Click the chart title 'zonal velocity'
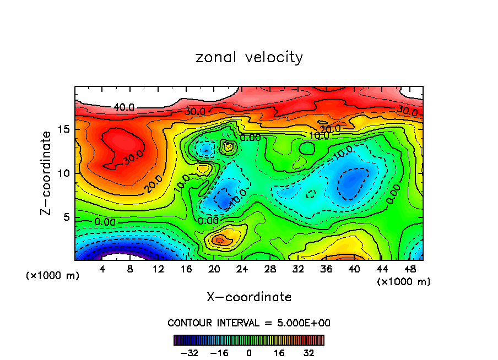click(249, 57)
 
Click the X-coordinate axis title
click(249, 297)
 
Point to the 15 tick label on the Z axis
click(63, 129)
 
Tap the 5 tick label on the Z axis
click(67, 217)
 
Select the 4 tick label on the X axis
click(102, 269)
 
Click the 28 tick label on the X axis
click(270, 269)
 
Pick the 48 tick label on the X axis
click(410, 269)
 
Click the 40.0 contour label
click(123, 107)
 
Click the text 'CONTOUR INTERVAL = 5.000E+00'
click(249, 323)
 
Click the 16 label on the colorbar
click(279, 352)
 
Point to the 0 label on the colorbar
click(249, 352)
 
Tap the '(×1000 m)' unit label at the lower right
click(404, 281)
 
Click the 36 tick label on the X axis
click(326, 269)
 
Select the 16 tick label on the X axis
click(186, 269)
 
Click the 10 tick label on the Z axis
click(63, 173)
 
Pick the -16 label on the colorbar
click(219, 352)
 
